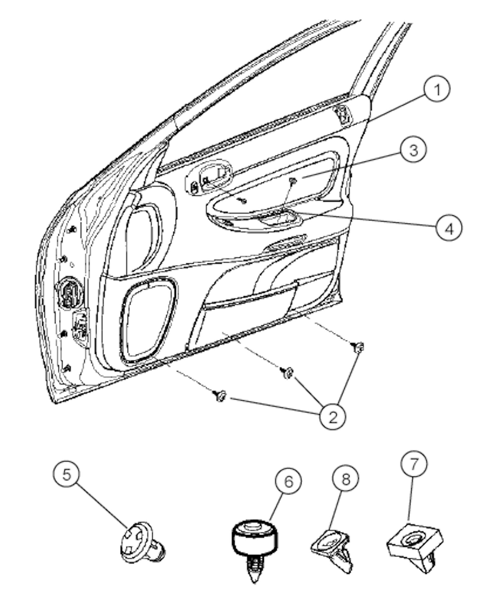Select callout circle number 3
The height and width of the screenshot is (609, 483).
click(x=413, y=150)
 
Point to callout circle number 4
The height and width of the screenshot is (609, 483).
click(x=449, y=227)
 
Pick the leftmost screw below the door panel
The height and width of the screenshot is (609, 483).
click(x=220, y=396)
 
